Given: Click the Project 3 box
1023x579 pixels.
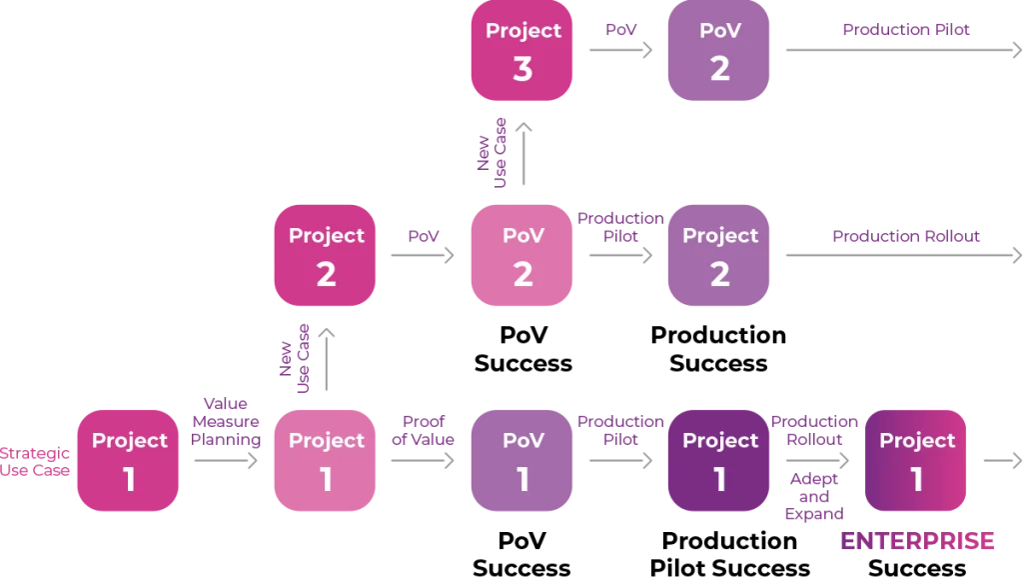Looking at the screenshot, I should tap(522, 51).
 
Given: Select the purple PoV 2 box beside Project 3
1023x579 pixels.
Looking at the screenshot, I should tap(719, 51).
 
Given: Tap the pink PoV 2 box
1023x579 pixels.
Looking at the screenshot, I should tap(522, 256).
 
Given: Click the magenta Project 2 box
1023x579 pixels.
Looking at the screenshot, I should tap(326, 256).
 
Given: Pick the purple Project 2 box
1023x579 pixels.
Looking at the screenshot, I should tap(719, 256).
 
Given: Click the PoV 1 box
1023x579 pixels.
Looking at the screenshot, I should tap(522, 460).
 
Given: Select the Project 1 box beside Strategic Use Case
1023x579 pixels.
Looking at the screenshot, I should tap(129, 460).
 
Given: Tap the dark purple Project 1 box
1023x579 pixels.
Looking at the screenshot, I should tap(719, 460).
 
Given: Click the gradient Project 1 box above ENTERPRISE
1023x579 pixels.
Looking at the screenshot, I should tap(916, 460).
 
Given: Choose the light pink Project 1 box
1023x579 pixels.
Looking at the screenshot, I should tap(326, 460).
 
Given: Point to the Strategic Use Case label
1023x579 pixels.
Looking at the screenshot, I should tap(36, 461).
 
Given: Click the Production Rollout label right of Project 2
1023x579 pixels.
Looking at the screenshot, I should tap(907, 236).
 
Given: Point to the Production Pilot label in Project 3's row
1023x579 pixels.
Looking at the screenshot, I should tap(907, 30).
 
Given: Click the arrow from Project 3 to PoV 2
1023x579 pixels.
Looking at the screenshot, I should tap(619, 48).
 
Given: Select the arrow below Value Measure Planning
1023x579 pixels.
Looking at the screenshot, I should tap(227, 460).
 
